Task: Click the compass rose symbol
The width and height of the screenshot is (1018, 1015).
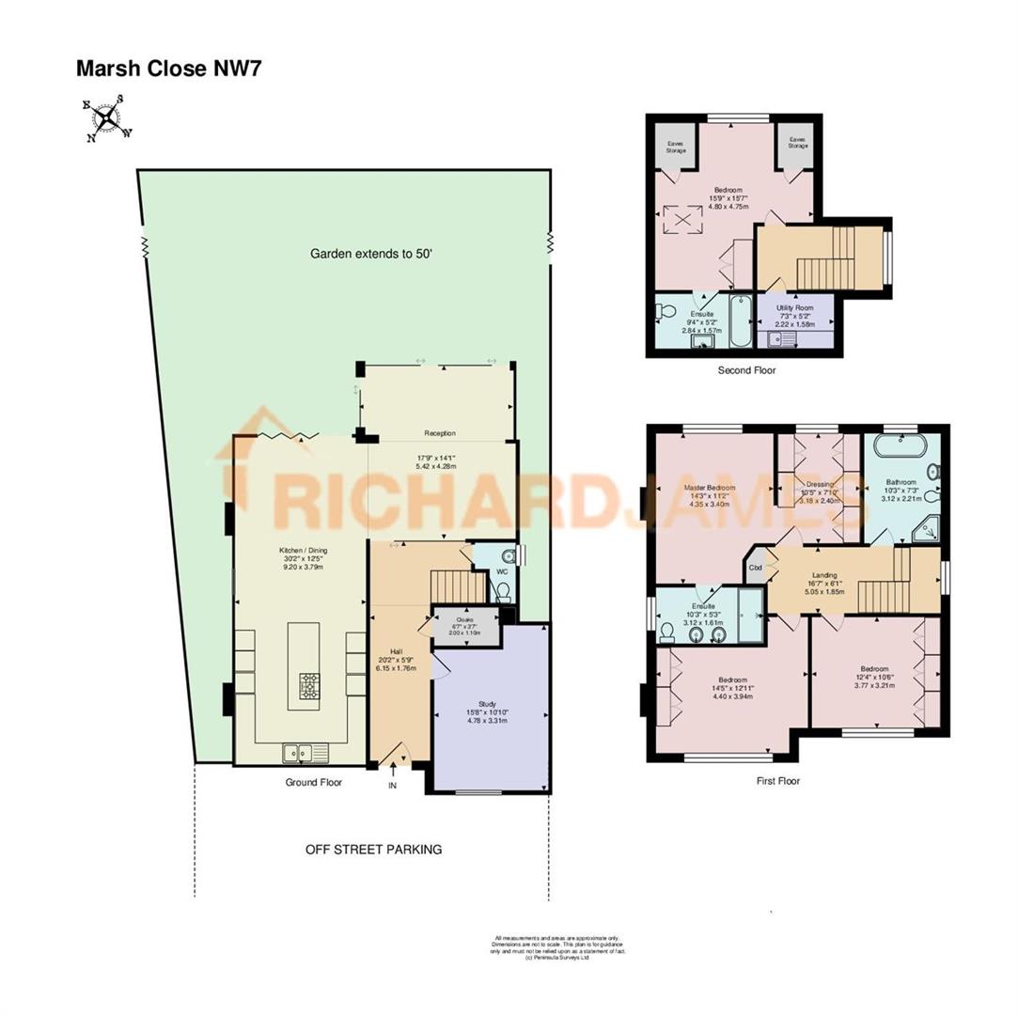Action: [x=107, y=118]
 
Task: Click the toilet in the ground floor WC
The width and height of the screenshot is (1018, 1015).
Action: [x=502, y=589]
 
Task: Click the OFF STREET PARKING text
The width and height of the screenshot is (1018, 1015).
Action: [x=373, y=850]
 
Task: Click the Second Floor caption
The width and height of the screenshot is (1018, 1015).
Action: [x=747, y=370]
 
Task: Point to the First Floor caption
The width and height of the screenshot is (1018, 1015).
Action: [x=777, y=780]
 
